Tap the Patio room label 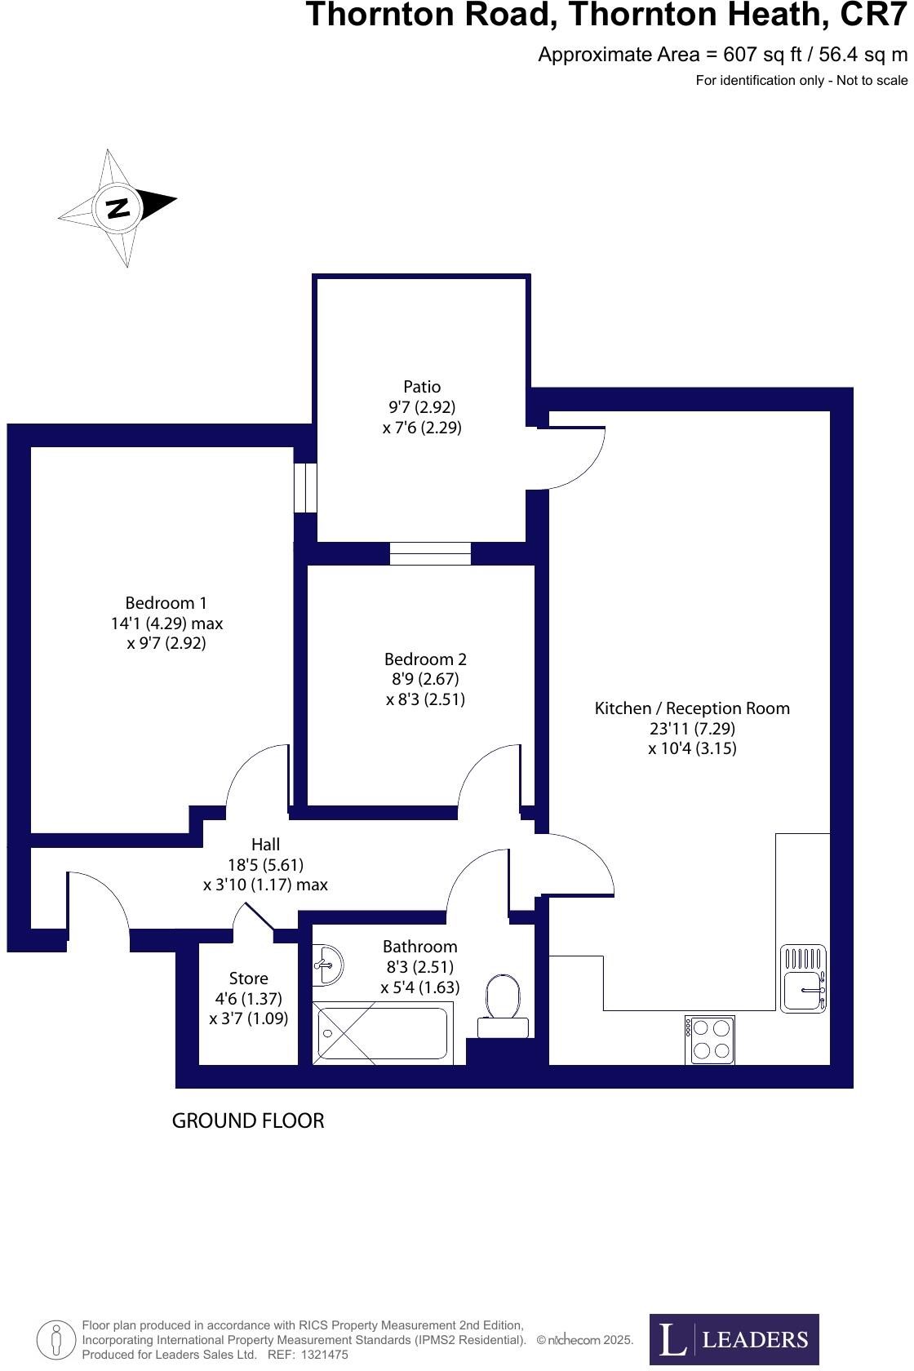422,387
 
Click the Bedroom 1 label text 166,603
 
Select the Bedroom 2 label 425,659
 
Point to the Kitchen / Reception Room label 692,708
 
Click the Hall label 265,845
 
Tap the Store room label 248,978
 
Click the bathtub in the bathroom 382,1034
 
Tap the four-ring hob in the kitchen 709,1040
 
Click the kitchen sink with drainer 803,978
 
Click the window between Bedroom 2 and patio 430,553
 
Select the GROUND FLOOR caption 248,1121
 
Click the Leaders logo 734,1339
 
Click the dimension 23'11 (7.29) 692,729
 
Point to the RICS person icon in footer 56,1339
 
